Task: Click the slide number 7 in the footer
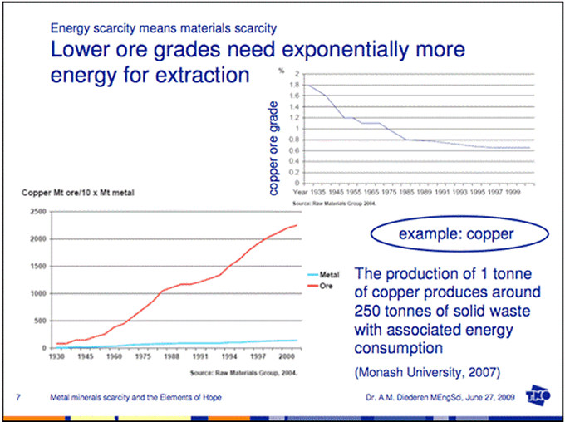(18, 398)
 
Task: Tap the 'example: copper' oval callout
(455, 235)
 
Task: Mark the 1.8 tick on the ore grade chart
(295, 86)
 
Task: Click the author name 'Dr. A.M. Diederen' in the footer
(397, 398)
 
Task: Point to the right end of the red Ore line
(296, 225)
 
